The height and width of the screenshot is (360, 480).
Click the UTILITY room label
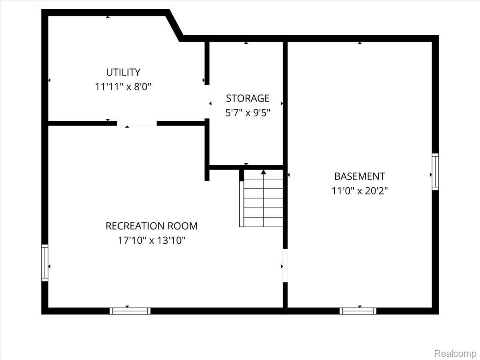click(x=123, y=72)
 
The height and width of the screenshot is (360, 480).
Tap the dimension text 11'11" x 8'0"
click(x=123, y=87)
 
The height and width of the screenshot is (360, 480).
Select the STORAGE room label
click(x=248, y=98)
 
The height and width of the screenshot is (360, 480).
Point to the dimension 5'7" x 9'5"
click(x=248, y=113)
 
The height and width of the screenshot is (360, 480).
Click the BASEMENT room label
click(x=360, y=176)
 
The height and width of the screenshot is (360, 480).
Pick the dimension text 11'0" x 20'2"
click(x=360, y=191)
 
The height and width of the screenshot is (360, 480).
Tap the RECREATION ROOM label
click(x=151, y=226)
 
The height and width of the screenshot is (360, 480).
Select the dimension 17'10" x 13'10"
click(x=151, y=240)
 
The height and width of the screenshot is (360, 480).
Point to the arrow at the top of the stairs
click(x=264, y=172)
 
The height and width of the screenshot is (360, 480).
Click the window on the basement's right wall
click(x=435, y=172)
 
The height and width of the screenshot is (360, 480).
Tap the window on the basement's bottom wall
click(x=358, y=311)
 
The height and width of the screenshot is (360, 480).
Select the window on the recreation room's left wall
click(x=45, y=263)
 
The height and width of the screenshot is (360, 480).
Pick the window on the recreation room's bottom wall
click(x=130, y=311)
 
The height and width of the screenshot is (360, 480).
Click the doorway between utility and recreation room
click(x=137, y=123)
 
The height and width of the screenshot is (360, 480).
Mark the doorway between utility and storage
click(x=207, y=102)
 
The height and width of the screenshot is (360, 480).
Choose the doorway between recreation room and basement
click(x=285, y=266)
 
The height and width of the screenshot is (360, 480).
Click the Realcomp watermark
click(x=455, y=353)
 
